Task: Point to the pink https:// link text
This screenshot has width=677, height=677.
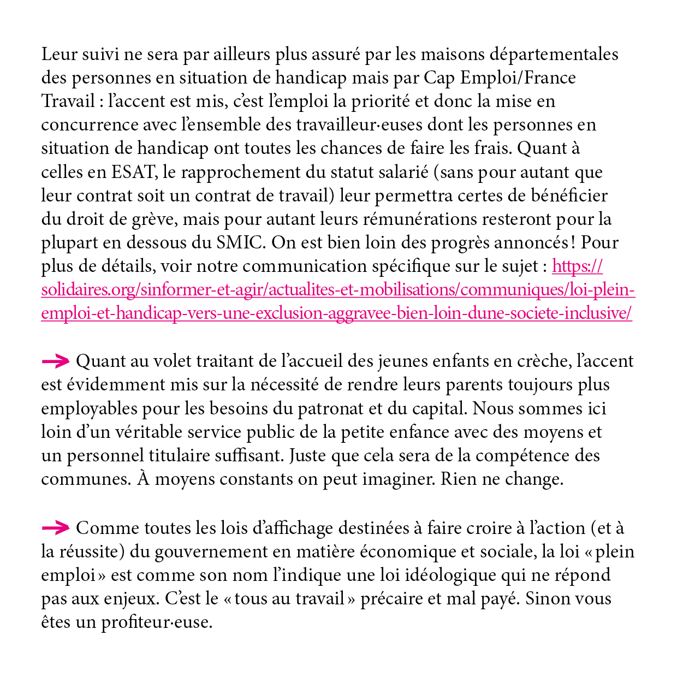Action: pos(577,266)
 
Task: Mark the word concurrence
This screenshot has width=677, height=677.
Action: pos(82,125)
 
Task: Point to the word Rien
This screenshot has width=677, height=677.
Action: pos(460,479)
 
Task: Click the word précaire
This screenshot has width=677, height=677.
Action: pos(391,599)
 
